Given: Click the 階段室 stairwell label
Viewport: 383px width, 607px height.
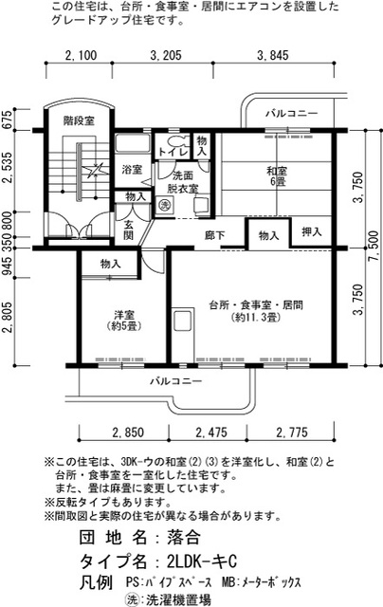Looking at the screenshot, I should pyautogui.click(x=79, y=120).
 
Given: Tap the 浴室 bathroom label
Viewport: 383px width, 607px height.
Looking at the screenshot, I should pyautogui.click(x=132, y=170).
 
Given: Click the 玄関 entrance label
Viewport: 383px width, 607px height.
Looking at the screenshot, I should pyautogui.click(x=128, y=230).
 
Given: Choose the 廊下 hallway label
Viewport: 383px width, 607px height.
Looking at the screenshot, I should pyautogui.click(x=214, y=234).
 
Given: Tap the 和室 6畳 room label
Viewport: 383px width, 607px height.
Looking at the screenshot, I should pyautogui.click(x=277, y=175).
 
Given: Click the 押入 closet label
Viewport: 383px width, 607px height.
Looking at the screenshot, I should pyautogui.click(x=312, y=232).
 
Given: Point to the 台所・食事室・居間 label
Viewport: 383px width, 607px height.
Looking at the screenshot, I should pyautogui.click(x=248, y=312).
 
